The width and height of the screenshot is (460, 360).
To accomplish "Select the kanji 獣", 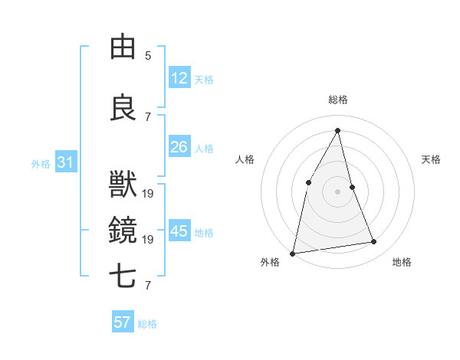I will click(123, 184).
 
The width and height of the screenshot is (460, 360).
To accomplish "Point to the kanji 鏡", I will click(123, 227).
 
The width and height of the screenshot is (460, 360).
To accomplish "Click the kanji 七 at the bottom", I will click(123, 276).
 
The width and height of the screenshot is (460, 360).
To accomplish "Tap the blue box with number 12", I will click(179, 78).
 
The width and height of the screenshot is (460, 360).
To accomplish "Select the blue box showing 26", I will click(179, 147).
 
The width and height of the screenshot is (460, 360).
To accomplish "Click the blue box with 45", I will click(179, 231).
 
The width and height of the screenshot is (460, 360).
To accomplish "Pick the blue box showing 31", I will click(65, 162).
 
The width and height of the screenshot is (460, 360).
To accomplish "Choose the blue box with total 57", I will click(123, 322).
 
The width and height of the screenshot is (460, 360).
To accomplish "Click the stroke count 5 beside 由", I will click(148, 56).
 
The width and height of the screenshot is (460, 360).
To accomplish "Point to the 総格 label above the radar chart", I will click(337, 100).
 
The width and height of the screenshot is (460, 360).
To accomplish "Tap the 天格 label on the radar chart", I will click(431, 159).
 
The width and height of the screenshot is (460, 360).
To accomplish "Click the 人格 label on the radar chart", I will click(245, 159).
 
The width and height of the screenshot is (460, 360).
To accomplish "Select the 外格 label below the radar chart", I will click(270, 262).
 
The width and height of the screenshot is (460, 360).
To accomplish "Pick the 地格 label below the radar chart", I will click(402, 262).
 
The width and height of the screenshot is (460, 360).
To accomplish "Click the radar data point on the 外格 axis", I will click(292, 253).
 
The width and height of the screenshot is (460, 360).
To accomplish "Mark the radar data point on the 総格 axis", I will click(337, 130).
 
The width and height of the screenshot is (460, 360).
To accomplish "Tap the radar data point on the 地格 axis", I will click(374, 242).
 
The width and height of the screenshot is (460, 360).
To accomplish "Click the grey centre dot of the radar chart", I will click(337, 191).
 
